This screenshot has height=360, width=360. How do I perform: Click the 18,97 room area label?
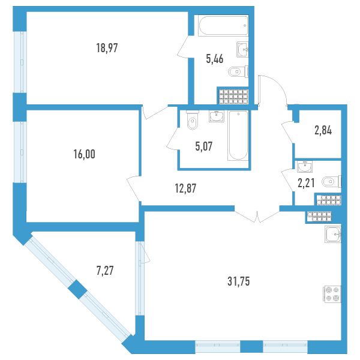tap(107, 48)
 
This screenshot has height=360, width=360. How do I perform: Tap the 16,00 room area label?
tap(84, 154)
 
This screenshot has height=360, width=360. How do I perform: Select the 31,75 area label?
tap(239, 281)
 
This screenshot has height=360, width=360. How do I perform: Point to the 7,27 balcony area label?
tap(105, 271)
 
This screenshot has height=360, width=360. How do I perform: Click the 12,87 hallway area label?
tap(185, 188)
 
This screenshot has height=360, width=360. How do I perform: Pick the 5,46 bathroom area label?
tap(215, 59)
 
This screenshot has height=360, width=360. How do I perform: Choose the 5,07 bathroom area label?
tap(204, 146)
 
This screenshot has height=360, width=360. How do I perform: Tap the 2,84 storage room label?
tap(323, 131)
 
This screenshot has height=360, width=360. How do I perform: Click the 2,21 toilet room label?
tap(306, 184)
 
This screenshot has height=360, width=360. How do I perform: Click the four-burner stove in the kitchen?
tap(332, 294)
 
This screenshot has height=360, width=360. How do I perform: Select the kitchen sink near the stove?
tap(333, 234)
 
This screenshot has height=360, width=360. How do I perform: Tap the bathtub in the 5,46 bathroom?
tap(223, 25)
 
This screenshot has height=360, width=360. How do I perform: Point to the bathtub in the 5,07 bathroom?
tap(238, 136)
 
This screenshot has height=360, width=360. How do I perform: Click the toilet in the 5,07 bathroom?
tap(193, 120)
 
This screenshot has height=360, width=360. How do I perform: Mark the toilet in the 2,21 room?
tap(332, 182)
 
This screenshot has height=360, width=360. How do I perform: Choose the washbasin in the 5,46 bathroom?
tap(242, 49)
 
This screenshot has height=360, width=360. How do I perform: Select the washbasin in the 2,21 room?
tap(305, 167)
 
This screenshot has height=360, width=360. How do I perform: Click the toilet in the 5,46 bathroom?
tap(239, 71)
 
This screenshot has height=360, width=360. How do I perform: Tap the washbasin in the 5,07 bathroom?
tap(217, 116)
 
